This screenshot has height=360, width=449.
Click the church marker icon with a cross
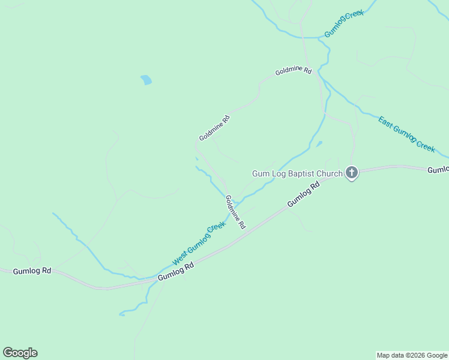coord(352,173)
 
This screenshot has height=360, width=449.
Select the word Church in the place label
coord(330,174)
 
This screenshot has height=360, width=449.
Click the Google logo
coord(20,353)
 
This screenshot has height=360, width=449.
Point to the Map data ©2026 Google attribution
coord(412,355)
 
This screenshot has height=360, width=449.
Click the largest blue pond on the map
coord(146,80)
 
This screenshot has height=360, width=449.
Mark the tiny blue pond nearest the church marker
coord(319,143)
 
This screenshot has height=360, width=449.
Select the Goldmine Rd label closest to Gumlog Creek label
coord(294,71)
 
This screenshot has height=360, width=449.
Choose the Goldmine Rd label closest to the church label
coord(235,212)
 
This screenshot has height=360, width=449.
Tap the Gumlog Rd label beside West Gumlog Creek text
coord(176,272)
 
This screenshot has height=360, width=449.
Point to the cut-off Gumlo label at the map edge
coord(438,170)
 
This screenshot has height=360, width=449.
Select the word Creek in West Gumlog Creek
coord(216,228)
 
